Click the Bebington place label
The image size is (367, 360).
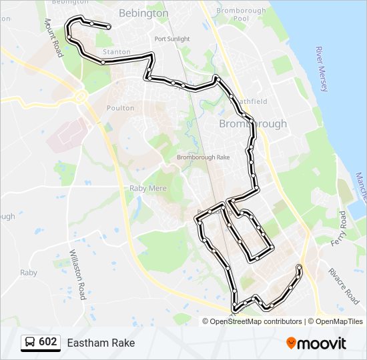tap(143, 13)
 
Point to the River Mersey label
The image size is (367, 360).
tap(322, 69)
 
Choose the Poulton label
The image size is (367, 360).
tap(120, 108)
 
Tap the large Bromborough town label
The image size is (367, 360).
tap(254, 124)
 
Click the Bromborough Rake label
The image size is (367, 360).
tap(203, 157)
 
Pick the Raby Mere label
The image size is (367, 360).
tap(147, 189)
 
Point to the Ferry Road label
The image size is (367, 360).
tap(342, 227)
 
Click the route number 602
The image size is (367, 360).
tap(47, 343)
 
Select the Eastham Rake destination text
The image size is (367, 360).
tap(101, 343)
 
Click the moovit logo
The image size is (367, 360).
tap(316, 343)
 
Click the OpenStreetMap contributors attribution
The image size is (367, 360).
tap(256, 321)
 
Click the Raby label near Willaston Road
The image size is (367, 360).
tap(29, 273)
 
